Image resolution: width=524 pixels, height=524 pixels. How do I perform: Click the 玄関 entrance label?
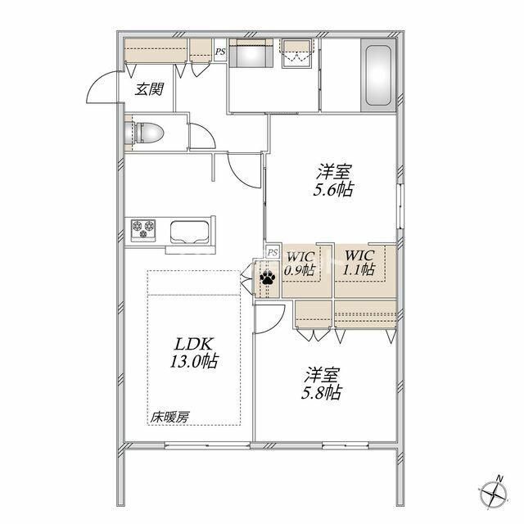(149, 89)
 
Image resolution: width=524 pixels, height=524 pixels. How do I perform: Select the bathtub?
(378, 75)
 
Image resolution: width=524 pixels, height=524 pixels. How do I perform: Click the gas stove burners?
(143, 230)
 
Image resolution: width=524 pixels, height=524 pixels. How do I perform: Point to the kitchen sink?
(190, 232)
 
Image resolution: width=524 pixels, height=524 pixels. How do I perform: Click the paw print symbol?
(268, 278)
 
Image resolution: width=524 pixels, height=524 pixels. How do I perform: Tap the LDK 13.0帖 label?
(194, 353)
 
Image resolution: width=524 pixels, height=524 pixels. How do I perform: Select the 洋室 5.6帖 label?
(333, 181)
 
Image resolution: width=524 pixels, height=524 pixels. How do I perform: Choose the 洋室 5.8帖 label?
(321, 384)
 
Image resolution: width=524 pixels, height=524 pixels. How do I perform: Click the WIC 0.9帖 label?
(299, 264)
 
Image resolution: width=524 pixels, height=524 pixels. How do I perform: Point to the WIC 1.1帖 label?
(359, 262)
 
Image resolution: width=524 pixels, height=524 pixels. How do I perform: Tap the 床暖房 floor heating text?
(169, 417)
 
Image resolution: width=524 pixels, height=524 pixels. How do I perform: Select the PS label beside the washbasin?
(220, 52)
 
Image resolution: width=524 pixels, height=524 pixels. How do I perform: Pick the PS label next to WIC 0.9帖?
(273, 252)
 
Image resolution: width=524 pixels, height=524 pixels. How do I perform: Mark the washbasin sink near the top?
(251, 53)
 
